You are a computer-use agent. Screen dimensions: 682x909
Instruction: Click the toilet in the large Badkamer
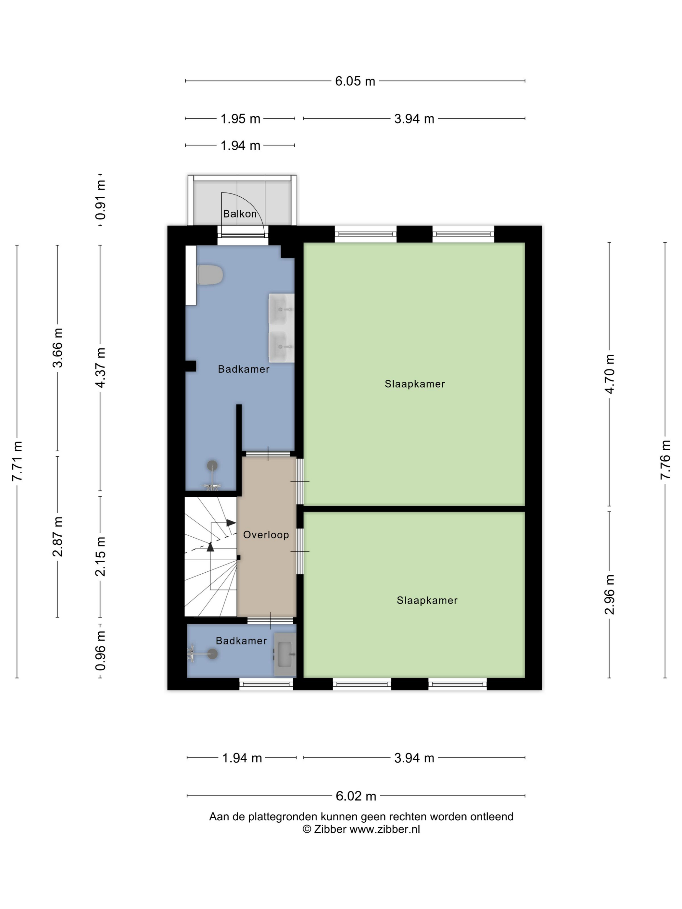coord(210,275)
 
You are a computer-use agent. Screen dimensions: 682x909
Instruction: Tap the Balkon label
coord(240,214)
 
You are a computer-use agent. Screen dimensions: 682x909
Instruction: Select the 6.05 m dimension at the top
coord(355,81)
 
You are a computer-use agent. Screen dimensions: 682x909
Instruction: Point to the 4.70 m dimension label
coord(610,374)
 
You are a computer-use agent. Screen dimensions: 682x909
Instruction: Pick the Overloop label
coord(266,535)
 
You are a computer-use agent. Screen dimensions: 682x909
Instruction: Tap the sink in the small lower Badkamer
coord(285,654)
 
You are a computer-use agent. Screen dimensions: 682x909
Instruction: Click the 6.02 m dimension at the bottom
coord(356,796)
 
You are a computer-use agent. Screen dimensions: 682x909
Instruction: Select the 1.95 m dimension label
coord(241,119)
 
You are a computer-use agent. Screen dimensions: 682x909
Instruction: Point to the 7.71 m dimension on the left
coord(17,461)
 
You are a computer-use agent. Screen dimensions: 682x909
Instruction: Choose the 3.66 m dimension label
coord(57,348)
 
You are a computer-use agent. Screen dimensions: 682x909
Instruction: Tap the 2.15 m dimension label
coord(100,556)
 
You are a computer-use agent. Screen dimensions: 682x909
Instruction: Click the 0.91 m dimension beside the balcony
coord(100,200)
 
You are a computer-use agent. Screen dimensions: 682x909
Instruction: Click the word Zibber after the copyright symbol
coord(330,829)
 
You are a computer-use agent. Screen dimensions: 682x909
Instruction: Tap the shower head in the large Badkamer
coord(212,466)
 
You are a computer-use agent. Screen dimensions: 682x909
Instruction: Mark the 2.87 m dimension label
coord(57,537)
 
